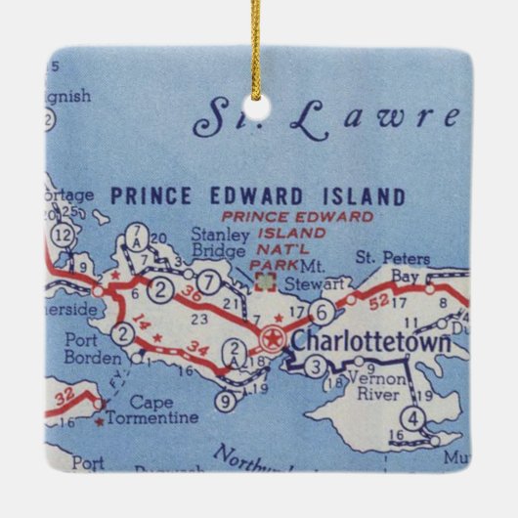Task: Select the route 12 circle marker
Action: (64, 235)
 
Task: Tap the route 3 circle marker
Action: (315, 367)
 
